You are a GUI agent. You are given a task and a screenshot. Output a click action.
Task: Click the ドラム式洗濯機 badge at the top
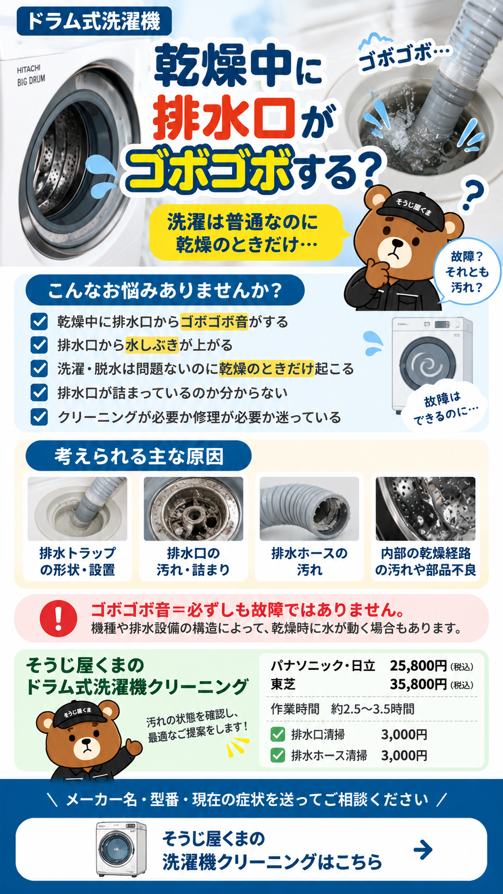coord(94,21)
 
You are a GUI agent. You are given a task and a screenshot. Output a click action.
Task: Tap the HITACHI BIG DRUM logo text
coord(30,75)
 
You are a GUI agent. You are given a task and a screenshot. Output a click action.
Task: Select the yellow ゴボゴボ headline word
coord(207,172)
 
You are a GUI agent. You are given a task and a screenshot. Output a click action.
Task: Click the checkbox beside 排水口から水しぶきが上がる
coord(39,345)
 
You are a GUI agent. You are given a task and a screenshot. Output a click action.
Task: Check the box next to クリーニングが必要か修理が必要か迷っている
coord(39,417)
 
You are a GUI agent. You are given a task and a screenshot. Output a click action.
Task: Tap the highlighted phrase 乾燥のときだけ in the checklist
coord(266,369)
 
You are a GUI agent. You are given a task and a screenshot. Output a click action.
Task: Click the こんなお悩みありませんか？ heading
coord(165,290)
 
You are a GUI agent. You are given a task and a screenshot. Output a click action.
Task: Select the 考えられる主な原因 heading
coord(138,456)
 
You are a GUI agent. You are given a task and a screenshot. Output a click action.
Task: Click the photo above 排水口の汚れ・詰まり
coord(194,509)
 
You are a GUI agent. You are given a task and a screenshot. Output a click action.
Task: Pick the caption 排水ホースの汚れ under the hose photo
coord(309,561)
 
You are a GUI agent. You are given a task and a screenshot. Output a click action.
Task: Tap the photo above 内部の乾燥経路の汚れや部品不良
coord(425,509)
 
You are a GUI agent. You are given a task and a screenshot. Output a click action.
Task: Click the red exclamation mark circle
coord(58,618)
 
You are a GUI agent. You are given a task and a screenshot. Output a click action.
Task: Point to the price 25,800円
coord(418,666)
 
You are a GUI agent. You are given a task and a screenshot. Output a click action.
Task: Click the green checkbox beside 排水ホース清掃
coord(277,755)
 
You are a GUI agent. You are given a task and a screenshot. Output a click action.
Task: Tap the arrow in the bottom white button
coord(423,850)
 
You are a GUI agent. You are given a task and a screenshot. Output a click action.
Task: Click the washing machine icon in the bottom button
coord(121,849)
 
